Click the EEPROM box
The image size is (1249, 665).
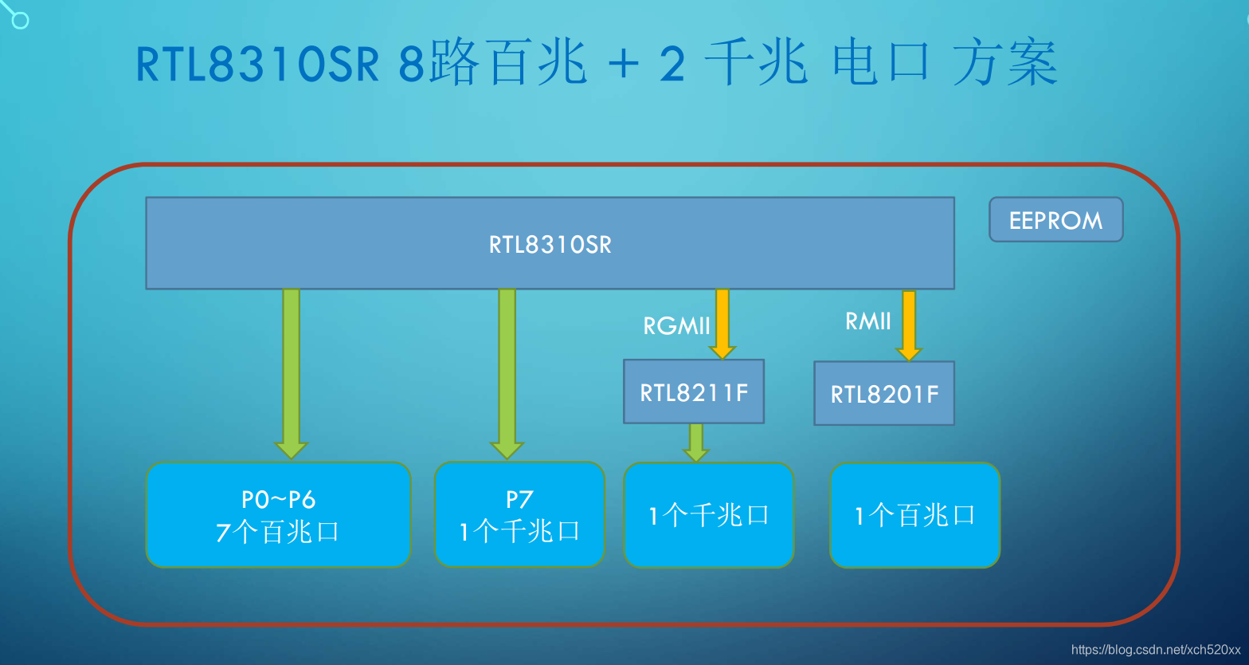pos(1055,220)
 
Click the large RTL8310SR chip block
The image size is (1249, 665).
pos(550,243)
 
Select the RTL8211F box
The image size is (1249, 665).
pos(693,392)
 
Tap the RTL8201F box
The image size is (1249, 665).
pos(883,394)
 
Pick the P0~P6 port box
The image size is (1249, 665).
pos(278,515)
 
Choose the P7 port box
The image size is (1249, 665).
pos(519,515)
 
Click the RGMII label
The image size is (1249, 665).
pos(676,325)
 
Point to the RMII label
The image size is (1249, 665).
pos(867,321)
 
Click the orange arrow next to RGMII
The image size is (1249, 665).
pos(722,323)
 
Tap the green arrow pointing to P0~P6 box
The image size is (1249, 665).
pos(292,372)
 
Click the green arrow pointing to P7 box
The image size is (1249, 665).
pos(507,372)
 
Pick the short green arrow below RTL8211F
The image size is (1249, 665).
pos(696,442)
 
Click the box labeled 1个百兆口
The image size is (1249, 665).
pos(914,516)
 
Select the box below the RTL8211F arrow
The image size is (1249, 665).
pos(708,516)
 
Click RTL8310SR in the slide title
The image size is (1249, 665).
pos(257,65)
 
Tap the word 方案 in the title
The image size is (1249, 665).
pos(1004,64)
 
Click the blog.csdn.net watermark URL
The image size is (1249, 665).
pos(1156,650)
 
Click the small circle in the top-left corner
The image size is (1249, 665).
pos(20,20)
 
